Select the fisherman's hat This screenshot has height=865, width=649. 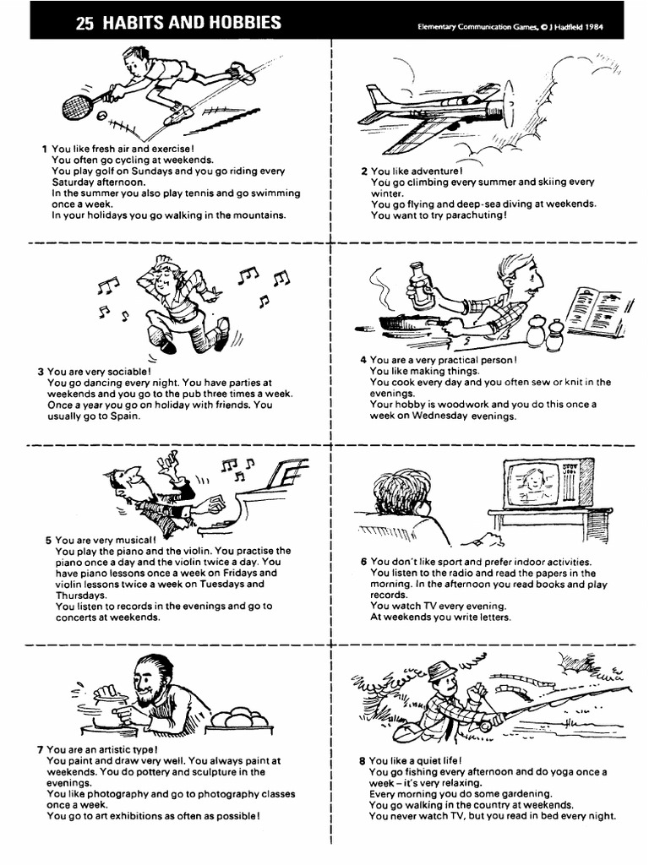pos(441,672)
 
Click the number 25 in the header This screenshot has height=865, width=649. pos(85,24)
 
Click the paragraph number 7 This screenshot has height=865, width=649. pos(40,749)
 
